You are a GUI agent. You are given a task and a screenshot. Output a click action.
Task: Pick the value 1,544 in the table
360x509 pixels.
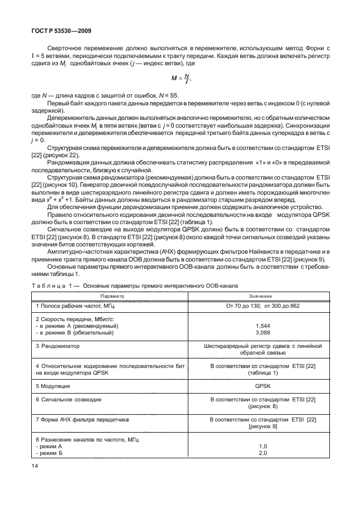260,325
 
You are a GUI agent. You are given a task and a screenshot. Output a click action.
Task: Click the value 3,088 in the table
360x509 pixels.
260,332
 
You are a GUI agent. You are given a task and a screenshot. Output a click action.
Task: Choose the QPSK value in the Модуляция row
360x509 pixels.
260,385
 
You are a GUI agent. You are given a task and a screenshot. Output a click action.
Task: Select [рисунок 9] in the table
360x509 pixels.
260,425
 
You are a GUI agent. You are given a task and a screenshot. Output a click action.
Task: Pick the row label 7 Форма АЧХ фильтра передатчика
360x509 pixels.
82,418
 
